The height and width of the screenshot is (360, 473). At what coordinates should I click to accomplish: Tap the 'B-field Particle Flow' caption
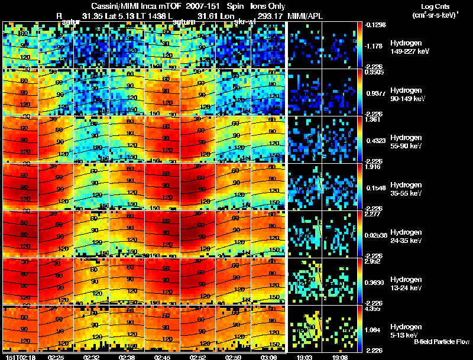coord(442,342)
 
